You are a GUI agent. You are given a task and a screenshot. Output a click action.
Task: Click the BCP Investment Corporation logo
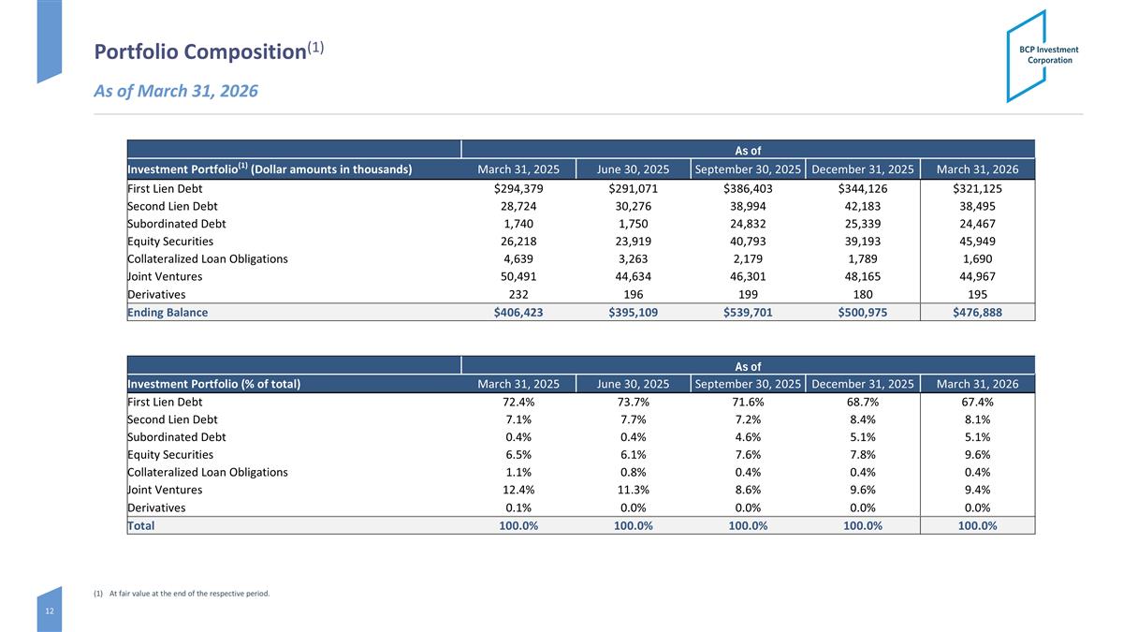(1042, 55)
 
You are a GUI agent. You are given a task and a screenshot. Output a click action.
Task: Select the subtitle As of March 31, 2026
(176, 91)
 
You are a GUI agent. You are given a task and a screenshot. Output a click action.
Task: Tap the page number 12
(50, 610)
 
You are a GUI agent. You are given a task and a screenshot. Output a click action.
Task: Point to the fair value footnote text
(182, 594)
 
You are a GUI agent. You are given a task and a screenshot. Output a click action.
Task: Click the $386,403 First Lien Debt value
(748, 188)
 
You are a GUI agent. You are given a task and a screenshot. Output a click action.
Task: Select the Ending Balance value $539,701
(748, 313)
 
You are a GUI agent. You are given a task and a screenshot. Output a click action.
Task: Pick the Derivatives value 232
(518, 294)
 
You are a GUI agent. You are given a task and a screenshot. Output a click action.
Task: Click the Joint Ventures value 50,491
(518, 276)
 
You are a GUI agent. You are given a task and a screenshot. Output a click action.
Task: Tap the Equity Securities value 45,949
(977, 242)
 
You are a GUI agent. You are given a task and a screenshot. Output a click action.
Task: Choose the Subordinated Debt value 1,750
(633, 224)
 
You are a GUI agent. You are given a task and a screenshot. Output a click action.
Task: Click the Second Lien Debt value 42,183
(862, 206)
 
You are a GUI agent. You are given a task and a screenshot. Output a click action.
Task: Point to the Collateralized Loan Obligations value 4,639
(518, 258)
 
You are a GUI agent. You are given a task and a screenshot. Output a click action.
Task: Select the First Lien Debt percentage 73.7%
(633, 402)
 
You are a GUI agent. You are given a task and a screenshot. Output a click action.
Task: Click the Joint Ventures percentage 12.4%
(518, 490)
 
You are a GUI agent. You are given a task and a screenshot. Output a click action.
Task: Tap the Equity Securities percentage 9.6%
(977, 454)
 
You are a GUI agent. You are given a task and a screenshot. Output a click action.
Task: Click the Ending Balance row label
(168, 313)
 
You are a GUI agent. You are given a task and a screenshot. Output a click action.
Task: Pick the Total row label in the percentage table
(141, 525)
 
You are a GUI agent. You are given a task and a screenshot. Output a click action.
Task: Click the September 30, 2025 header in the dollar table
(748, 169)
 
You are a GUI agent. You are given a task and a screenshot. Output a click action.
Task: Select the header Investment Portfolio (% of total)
(214, 384)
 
